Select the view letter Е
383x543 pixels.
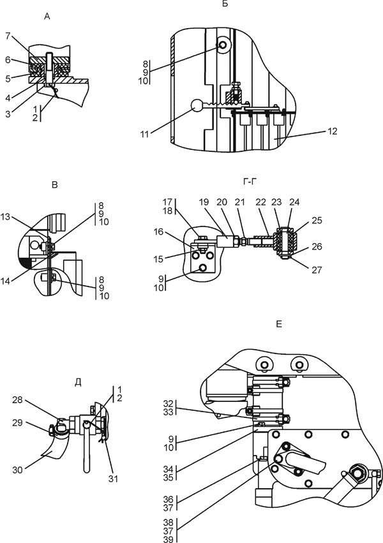pos(279,324)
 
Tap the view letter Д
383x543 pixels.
pos(78,382)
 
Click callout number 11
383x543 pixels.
pos(144,134)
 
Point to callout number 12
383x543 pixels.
pos(332,131)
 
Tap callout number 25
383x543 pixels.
pos(317,220)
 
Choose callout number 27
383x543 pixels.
pos(317,270)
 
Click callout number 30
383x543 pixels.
pos(18,470)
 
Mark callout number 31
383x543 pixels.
pos(113,479)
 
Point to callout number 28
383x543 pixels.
pos(17,400)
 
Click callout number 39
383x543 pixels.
pos(168,539)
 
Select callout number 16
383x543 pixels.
pos(158,232)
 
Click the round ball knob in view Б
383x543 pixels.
pos(198,106)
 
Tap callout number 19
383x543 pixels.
pos(204,202)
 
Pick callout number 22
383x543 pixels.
pos(260,202)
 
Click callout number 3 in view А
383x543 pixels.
pos(8,114)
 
